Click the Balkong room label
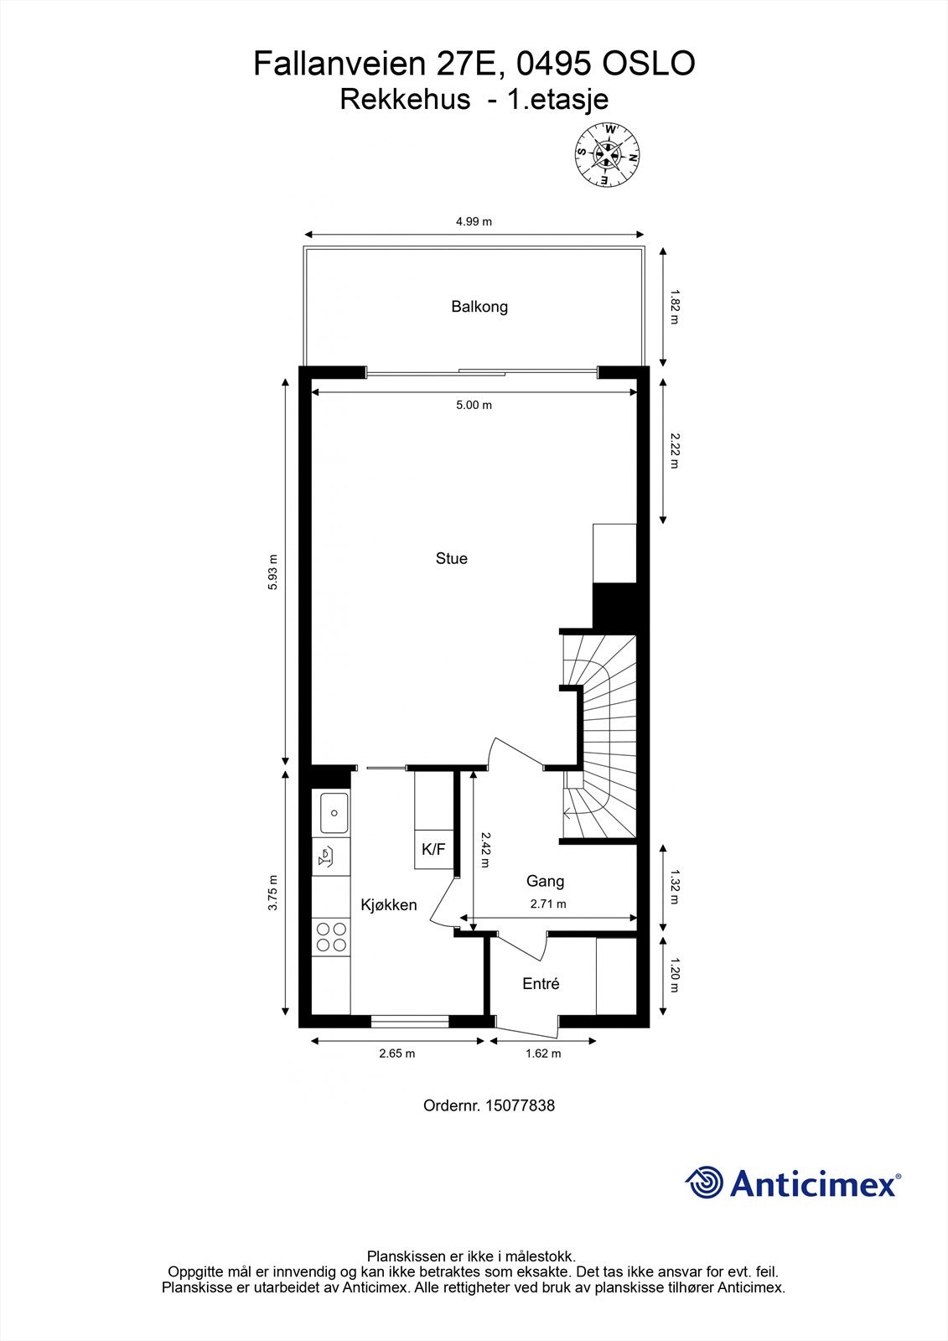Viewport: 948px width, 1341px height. pyautogui.click(x=479, y=307)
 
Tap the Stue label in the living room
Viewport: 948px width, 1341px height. pyautogui.click(x=451, y=558)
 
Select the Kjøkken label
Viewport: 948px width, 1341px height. pyautogui.click(x=388, y=905)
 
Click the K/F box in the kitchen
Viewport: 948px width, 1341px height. pyautogui.click(x=433, y=850)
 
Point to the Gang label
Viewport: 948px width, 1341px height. pyautogui.click(x=545, y=881)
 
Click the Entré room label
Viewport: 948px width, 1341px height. pyautogui.click(x=541, y=984)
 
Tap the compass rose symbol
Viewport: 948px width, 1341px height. pyautogui.click(x=608, y=153)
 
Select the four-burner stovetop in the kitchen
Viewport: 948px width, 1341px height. pyautogui.click(x=330, y=937)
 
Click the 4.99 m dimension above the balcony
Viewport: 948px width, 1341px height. pyautogui.click(x=474, y=222)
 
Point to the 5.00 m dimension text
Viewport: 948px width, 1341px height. pyautogui.click(x=474, y=406)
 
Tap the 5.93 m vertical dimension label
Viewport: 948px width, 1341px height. pyautogui.click(x=272, y=572)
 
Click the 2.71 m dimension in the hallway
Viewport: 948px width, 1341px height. pyautogui.click(x=548, y=904)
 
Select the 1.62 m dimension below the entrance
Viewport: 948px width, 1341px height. pyautogui.click(x=543, y=1054)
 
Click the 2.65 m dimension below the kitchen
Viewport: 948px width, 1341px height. pyautogui.click(x=397, y=1054)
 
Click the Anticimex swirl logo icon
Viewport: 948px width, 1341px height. pyautogui.click(x=704, y=1183)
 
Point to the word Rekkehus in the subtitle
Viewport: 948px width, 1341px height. pyautogui.click(x=405, y=100)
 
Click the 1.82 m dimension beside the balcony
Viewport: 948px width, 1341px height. pyautogui.click(x=674, y=307)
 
